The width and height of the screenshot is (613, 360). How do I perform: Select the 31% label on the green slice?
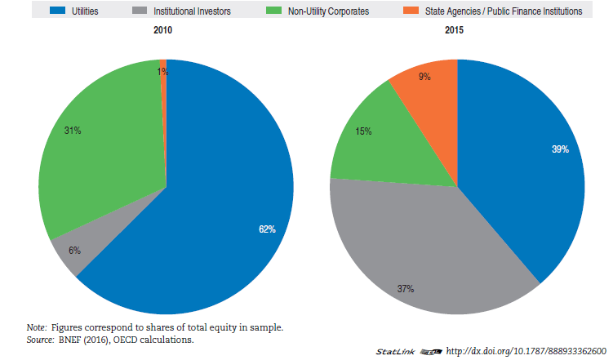(73, 129)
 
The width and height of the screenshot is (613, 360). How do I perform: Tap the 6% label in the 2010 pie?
(74, 250)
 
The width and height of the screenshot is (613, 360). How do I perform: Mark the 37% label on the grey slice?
(406, 288)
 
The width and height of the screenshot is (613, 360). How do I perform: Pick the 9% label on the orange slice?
(424, 76)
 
